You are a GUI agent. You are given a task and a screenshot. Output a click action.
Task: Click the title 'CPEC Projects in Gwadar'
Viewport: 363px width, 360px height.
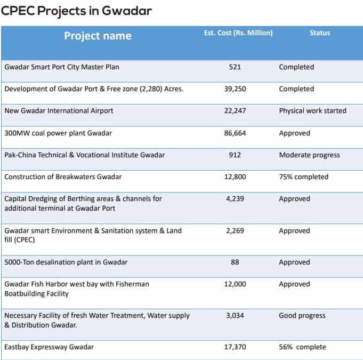pos(76,10)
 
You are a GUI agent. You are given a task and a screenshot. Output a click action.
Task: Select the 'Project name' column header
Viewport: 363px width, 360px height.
pos(98,36)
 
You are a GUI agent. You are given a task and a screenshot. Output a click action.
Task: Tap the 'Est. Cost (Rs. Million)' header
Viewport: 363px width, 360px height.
pos(238,33)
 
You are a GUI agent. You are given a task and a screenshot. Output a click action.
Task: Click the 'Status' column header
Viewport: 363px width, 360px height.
pos(319,33)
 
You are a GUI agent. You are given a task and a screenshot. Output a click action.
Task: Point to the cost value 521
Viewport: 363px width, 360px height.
pos(235,67)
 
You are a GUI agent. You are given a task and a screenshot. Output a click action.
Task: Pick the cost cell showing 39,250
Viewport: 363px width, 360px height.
pos(235,89)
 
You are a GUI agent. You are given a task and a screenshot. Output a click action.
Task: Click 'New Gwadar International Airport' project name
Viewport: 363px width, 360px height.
pos(59,111)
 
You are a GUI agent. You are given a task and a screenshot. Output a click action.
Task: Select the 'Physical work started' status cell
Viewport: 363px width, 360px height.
pos(312,111)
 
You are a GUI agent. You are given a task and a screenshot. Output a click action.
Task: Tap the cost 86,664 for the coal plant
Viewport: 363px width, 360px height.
pos(235,133)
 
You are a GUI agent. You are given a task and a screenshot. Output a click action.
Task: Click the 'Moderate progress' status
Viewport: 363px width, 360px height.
pos(309,155)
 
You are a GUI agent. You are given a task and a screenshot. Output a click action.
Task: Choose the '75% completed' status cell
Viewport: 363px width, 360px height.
pos(303,177)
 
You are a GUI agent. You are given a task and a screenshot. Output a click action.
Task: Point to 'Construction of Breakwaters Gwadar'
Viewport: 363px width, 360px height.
pos(63,177)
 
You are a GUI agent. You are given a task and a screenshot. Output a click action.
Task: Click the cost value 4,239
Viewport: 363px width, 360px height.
pos(235,199)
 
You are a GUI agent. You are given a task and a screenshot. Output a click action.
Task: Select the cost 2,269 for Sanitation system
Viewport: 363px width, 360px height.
pos(235,231)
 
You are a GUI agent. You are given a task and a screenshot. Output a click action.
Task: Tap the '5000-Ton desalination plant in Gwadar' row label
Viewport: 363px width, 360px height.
pos(66,262)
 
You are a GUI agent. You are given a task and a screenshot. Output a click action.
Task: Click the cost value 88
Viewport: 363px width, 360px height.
pos(235,262)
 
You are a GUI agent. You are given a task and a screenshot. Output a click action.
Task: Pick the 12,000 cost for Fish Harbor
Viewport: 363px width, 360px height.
pos(235,284)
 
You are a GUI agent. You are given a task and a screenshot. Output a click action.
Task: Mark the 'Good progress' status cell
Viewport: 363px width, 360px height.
pos(302,316)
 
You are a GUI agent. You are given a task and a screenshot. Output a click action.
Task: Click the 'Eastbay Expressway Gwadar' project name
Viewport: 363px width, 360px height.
pos(49,347)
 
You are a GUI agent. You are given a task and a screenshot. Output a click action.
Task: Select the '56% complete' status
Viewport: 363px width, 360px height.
pos(302,347)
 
